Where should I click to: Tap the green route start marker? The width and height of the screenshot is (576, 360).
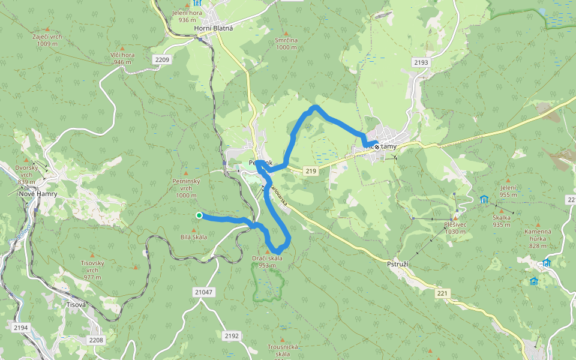(199, 215)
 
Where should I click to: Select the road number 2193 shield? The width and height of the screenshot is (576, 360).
(421, 62)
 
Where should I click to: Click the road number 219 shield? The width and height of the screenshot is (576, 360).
(310, 172)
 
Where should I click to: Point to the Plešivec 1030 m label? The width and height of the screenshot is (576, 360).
(455, 227)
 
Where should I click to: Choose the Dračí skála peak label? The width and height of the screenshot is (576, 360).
(268, 262)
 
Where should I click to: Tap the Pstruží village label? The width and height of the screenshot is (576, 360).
(397, 263)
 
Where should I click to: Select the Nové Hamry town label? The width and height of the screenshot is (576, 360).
(38, 194)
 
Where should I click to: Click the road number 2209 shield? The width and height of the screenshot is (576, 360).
(162, 59)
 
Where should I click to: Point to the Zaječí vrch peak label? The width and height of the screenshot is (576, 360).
(47, 40)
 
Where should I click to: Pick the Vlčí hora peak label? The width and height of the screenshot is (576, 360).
(122, 58)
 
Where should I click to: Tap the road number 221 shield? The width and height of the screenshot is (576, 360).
(443, 293)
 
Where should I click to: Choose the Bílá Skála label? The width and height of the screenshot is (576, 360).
(193, 237)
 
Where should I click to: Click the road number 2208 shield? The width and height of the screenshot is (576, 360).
(96, 340)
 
